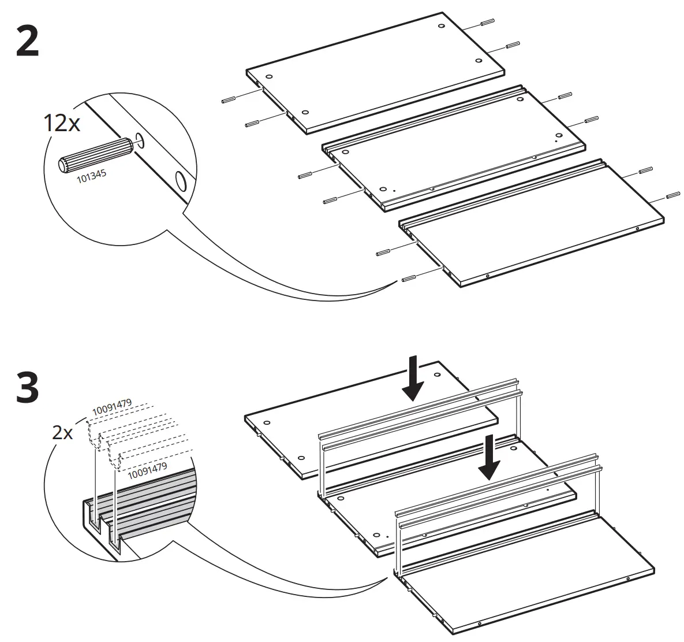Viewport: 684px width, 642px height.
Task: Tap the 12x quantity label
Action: [62, 123]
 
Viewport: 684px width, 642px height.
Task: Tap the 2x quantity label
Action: [62, 432]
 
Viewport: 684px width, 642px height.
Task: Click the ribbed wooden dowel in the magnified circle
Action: [95, 154]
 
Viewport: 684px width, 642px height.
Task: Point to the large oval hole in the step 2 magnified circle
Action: [181, 181]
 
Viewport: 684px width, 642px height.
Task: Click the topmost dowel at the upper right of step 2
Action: [486, 23]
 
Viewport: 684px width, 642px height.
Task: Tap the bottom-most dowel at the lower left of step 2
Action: [408, 279]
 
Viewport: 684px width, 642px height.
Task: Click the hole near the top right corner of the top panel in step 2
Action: [441, 27]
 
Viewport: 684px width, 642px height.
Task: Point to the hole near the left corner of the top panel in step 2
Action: [269, 76]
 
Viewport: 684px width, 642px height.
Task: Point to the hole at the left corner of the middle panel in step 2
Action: [345, 153]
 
